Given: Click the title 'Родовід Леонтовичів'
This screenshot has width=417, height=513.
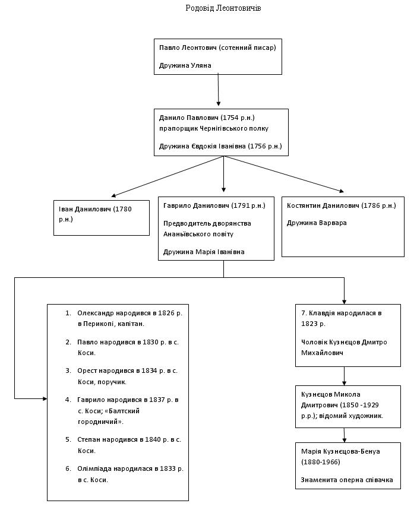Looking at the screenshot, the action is click(x=223, y=8).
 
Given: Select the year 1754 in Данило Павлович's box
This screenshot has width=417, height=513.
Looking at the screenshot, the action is click(x=230, y=118).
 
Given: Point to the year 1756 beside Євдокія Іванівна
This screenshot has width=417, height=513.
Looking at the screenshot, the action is click(x=258, y=146).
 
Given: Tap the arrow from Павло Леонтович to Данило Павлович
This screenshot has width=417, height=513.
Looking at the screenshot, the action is click(x=219, y=90).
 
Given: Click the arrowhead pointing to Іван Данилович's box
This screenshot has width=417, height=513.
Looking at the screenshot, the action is click(x=113, y=195).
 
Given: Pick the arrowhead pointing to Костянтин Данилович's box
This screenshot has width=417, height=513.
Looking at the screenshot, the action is click(x=342, y=191).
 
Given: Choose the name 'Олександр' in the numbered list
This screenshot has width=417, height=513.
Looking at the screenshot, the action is click(x=94, y=313).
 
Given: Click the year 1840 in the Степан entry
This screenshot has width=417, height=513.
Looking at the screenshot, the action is click(x=153, y=439).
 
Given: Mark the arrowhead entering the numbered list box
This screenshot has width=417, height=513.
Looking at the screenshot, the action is click(x=45, y=398).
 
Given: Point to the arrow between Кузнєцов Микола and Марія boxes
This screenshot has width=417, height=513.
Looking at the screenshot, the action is click(x=344, y=435).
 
